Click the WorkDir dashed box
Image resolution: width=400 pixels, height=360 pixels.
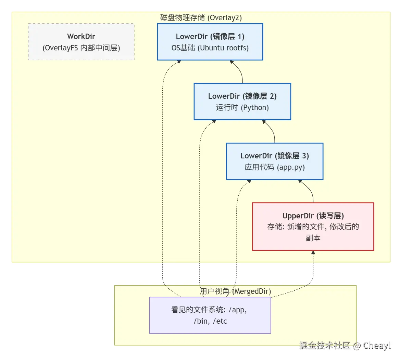click(81, 42)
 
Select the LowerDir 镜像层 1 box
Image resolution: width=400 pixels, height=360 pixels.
click(210, 42)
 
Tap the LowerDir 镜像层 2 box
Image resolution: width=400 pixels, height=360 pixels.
click(242, 101)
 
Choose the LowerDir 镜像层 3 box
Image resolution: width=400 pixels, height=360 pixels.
click(274, 161)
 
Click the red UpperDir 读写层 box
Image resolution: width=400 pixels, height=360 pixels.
click(313, 227)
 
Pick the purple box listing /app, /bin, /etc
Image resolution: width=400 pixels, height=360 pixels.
click(210, 315)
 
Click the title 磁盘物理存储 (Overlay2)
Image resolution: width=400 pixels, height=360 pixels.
click(201, 17)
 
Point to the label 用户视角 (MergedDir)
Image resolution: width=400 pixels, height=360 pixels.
click(235, 291)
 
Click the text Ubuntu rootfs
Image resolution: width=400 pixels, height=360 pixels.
click(224, 48)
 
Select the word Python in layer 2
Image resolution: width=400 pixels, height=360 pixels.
click(255, 108)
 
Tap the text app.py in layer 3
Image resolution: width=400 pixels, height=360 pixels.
click(291, 167)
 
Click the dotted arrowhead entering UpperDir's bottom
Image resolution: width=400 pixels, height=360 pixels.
click(313, 253)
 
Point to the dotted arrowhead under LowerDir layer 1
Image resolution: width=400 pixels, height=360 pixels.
click(179, 62)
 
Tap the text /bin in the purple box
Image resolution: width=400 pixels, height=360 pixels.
click(201, 321)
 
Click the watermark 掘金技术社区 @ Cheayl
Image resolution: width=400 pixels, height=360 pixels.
click(345, 345)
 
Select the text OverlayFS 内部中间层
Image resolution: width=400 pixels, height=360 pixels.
click(81, 48)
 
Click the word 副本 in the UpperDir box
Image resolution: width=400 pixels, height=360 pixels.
click(313, 238)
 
